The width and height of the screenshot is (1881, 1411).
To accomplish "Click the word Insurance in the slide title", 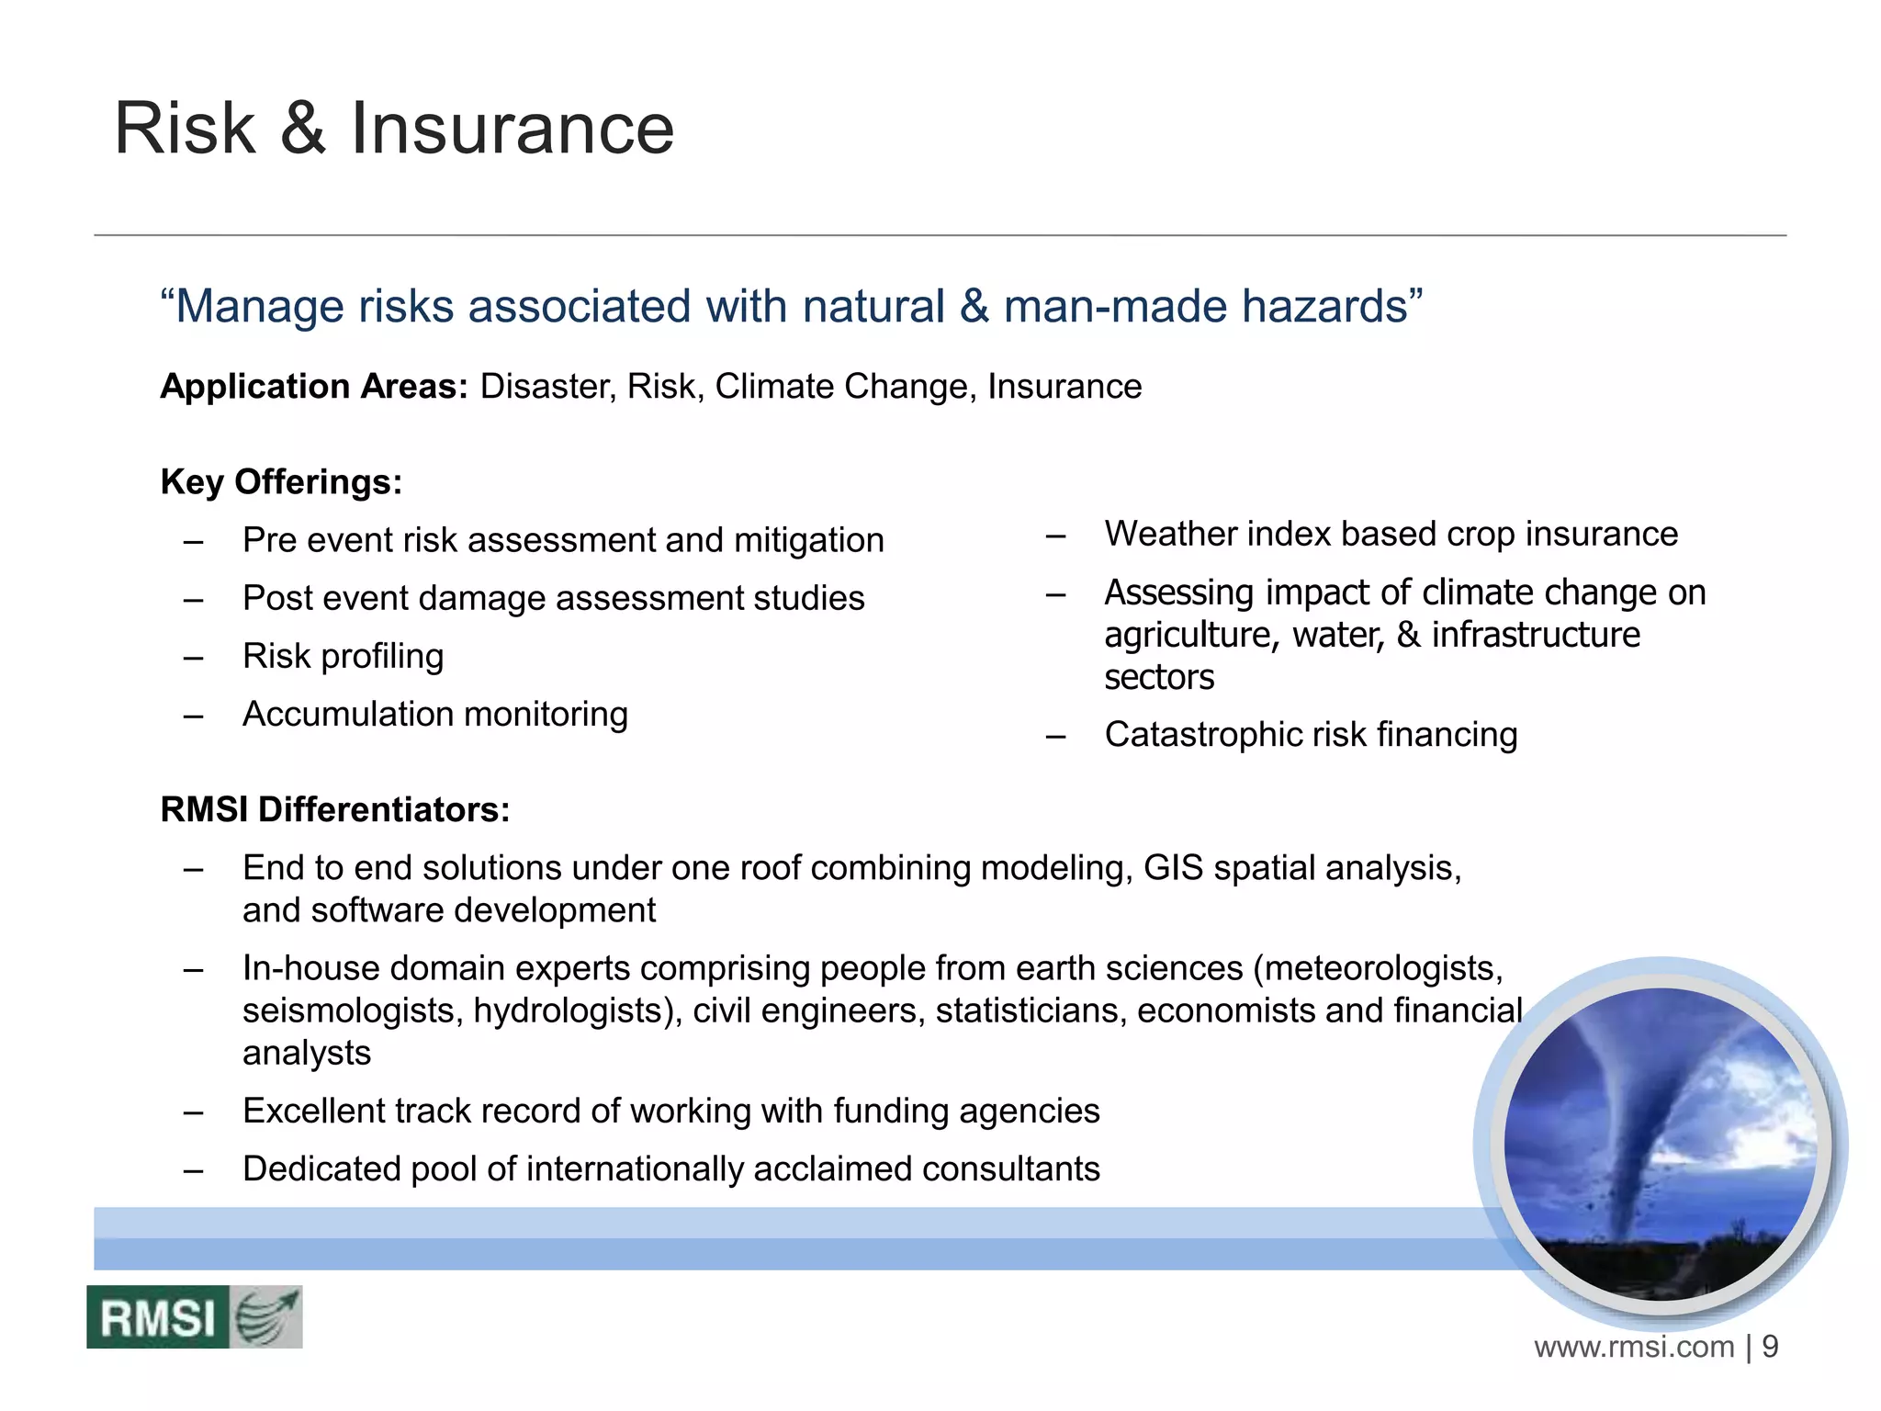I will [x=512, y=129].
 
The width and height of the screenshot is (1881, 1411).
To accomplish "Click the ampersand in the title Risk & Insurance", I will [x=303, y=129].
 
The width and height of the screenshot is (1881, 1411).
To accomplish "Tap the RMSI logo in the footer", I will [x=194, y=1317].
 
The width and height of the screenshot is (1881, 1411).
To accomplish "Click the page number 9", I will [x=1770, y=1347].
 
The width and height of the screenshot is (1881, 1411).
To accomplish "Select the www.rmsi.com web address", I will [x=1634, y=1348].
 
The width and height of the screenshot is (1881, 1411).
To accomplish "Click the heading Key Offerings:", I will [x=281, y=481].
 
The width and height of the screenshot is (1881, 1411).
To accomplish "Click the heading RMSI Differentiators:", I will [x=334, y=809].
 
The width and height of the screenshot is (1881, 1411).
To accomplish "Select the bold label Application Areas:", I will [x=314, y=386].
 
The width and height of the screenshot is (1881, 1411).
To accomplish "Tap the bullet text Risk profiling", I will [x=343, y=656].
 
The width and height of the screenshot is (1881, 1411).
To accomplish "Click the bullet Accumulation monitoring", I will [x=435, y=714].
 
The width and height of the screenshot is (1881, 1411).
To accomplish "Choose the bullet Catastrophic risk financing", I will [x=1311, y=734].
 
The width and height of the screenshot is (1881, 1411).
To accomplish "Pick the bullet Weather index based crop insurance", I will [x=1391, y=534].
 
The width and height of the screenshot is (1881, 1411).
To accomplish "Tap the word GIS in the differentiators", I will [x=1173, y=867].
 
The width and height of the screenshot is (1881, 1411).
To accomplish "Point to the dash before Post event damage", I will [x=193, y=599].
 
